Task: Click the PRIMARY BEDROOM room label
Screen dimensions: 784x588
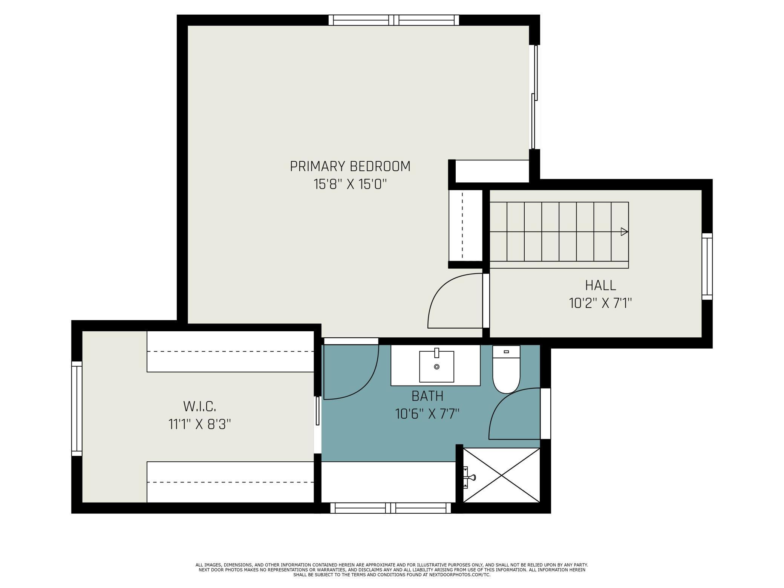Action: pos(350,166)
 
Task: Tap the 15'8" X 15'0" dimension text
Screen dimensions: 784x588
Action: pos(350,184)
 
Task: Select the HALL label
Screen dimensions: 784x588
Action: pos(600,285)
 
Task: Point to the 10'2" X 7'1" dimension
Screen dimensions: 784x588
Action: pos(600,303)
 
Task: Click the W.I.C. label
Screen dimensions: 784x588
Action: pos(200,406)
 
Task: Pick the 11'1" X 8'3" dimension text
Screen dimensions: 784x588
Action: pos(199,424)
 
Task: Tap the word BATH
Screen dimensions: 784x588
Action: pos(427,396)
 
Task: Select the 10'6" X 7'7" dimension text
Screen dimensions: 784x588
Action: pos(427,414)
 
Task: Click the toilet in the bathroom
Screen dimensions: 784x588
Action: pos(506,369)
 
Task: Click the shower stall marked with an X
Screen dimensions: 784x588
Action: pos(501,475)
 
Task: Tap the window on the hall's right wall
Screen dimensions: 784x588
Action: pos(707,266)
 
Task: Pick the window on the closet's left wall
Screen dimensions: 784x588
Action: pos(77,409)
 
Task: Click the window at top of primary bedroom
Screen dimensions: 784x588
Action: pos(394,20)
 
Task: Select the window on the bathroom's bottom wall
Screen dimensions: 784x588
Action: pos(390,508)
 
